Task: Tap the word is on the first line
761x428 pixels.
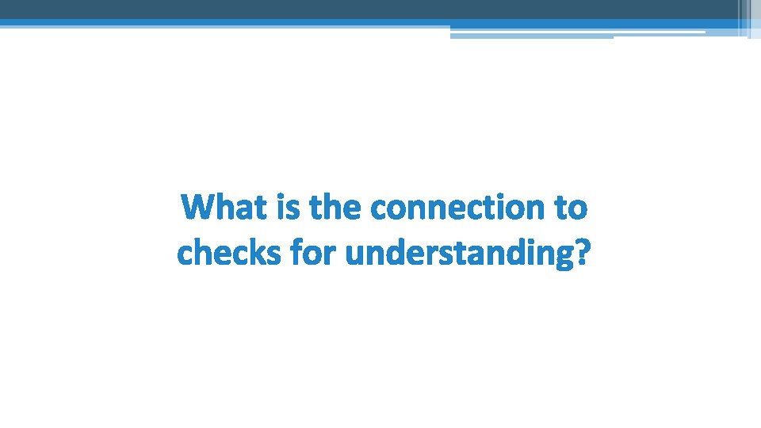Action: pyautogui.click(x=286, y=208)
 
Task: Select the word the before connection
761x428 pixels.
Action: pyautogui.click(x=336, y=208)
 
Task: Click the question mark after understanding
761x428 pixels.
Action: pyautogui.click(x=583, y=254)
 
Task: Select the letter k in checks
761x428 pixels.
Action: pyautogui.click(x=250, y=254)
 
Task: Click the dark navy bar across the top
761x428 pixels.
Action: pyautogui.click(x=365, y=10)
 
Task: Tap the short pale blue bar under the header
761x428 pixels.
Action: pyautogui.click(x=531, y=36)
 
